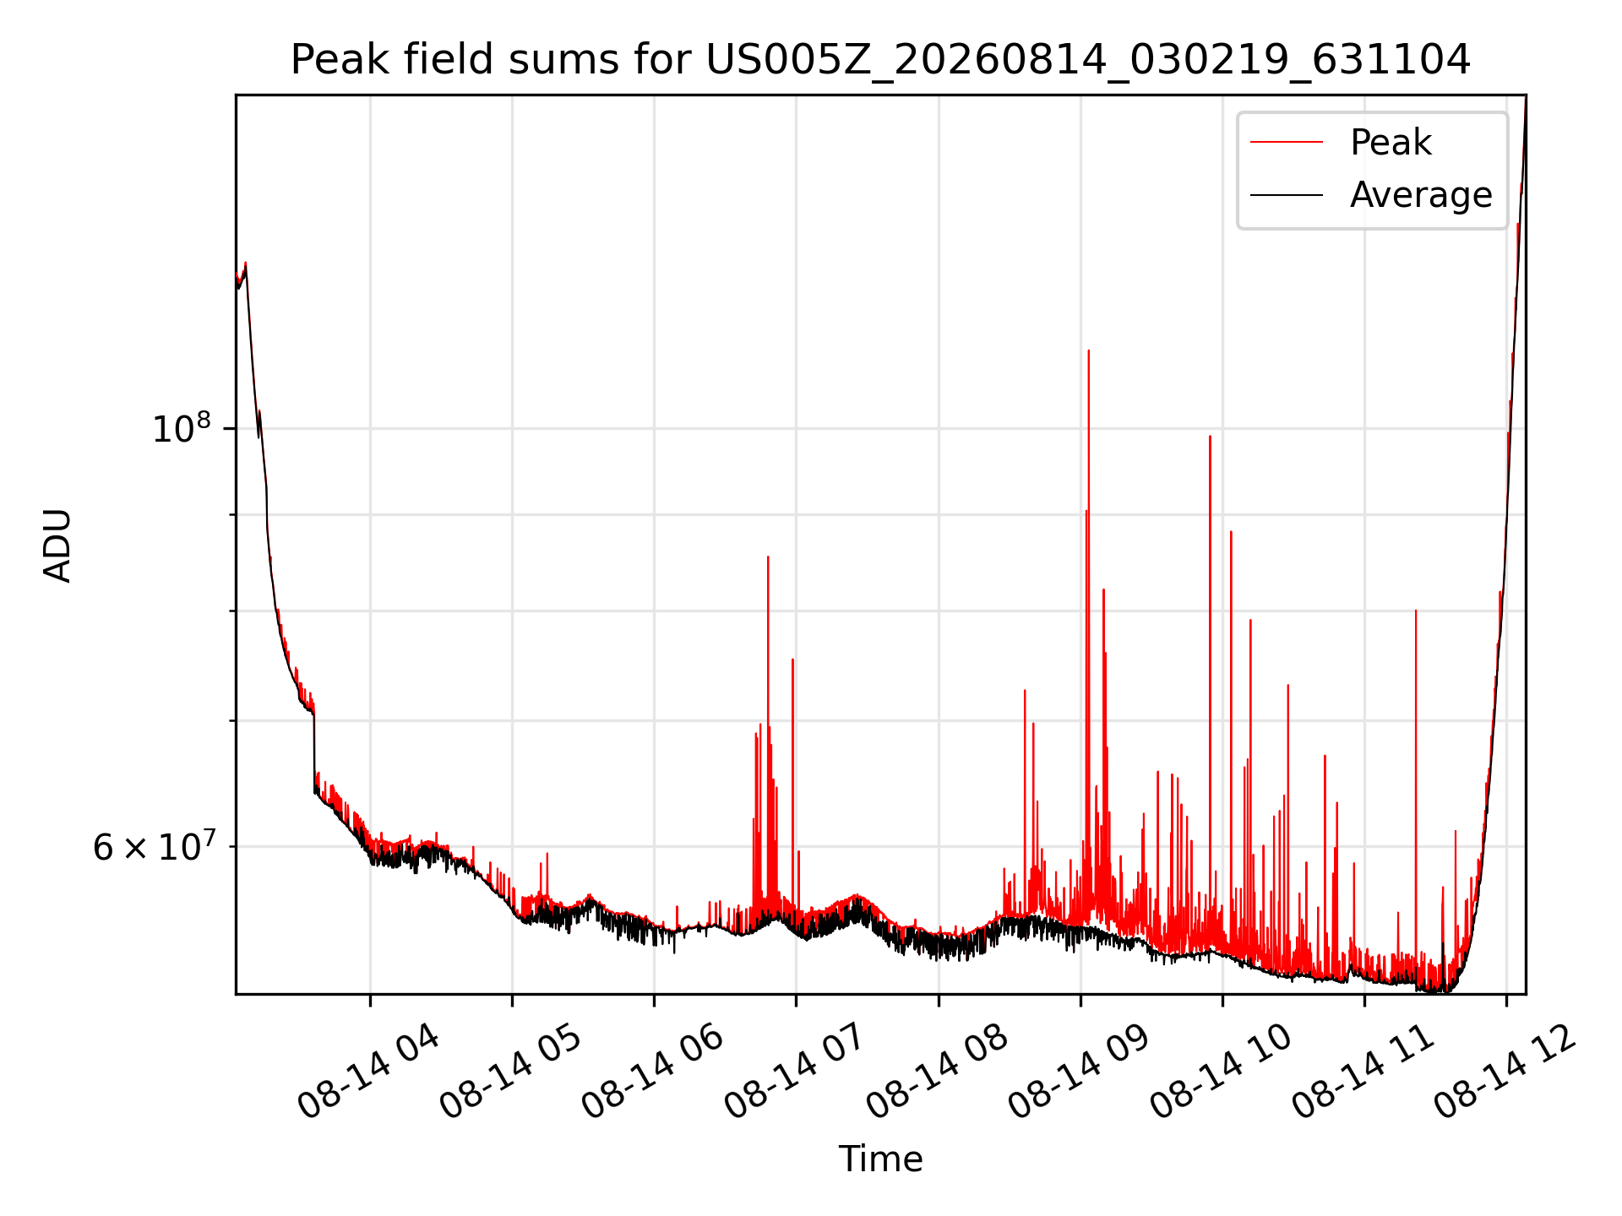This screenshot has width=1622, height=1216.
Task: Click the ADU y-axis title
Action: click(57, 545)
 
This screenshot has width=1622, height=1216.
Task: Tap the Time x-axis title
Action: click(880, 1159)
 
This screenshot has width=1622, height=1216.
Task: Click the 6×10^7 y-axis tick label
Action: click(154, 846)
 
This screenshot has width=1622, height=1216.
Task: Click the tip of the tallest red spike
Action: click(1088, 350)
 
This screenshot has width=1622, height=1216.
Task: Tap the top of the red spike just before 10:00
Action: click(1210, 437)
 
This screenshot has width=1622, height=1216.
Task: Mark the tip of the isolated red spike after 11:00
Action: click(1416, 611)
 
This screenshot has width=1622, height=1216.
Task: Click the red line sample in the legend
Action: click(1287, 143)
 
